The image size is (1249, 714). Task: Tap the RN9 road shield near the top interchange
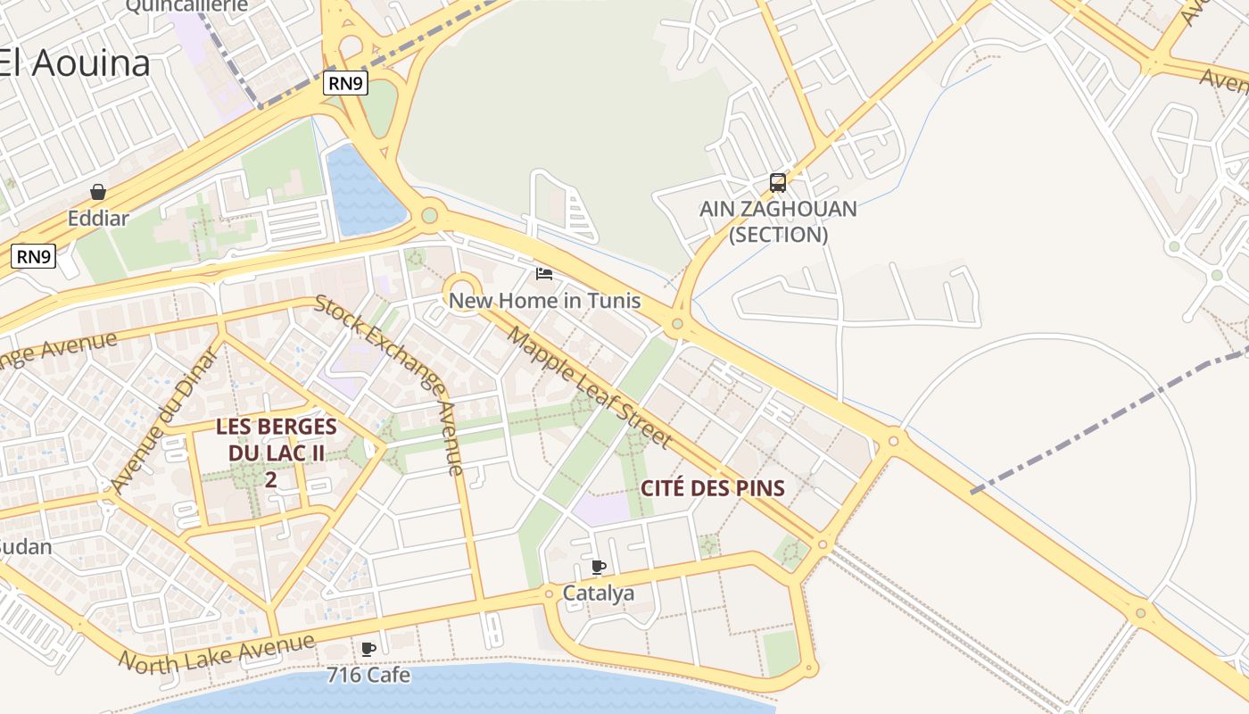pos(345,84)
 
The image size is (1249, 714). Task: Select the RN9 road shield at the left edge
pos(34,257)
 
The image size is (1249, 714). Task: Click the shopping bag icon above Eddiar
pos(98,192)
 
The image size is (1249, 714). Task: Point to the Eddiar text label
pos(98,218)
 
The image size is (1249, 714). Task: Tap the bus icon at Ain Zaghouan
pos(778,183)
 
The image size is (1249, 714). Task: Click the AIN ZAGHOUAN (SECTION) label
pos(778,221)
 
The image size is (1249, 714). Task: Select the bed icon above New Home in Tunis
pos(544,273)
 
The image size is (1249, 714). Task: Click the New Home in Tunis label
pos(544,300)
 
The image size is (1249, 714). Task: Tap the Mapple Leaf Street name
pos(589,386)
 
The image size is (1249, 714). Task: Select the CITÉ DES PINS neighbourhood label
pos(712,488)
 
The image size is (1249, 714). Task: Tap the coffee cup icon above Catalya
pos(599,567)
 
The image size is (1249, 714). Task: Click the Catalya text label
pos(599,593)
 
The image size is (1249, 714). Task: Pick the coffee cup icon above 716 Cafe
pos(368,649)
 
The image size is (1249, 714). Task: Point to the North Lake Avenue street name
pos(217,652)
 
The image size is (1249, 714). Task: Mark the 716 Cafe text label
pos(368,675)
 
